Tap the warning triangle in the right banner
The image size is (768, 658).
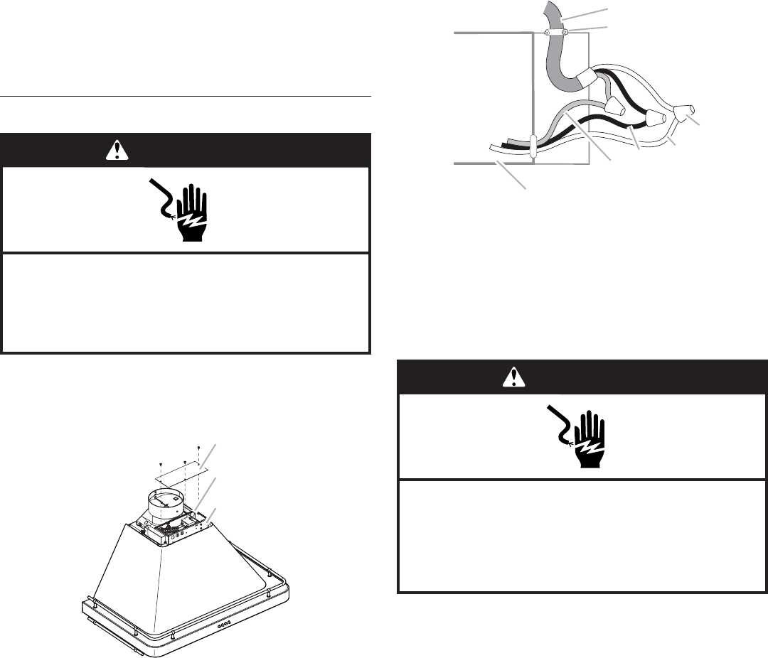coord(511,377)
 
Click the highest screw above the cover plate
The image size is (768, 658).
coord(197,447)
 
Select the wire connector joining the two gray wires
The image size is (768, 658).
coord(617,107)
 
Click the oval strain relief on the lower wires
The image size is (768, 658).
coord(533,146)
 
